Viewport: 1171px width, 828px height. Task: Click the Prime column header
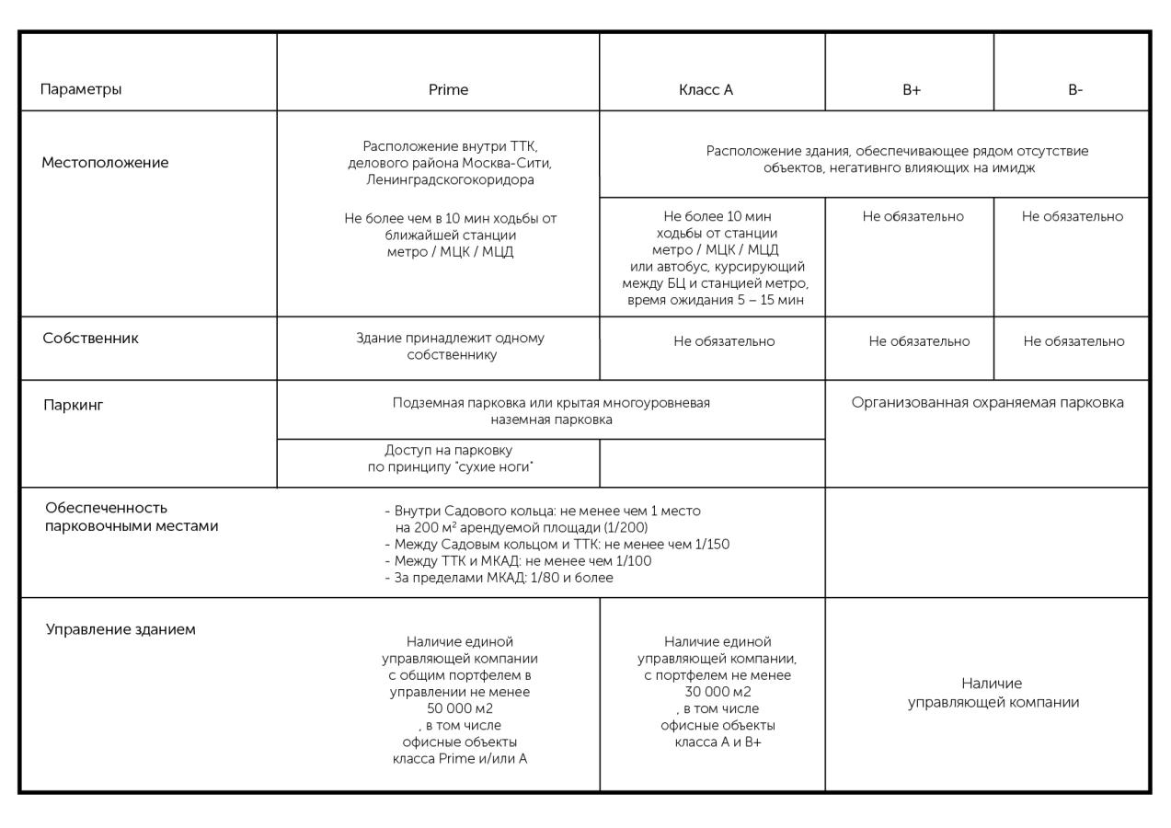[448, 90]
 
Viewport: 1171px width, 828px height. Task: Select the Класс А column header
[706, 90]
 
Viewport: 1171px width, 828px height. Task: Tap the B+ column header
[911, 90]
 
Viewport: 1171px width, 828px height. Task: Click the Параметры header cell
[81, 90]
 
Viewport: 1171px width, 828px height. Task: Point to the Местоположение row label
[105, 163]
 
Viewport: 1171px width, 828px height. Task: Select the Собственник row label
[91, 338]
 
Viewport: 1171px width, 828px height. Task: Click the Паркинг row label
[74, 404]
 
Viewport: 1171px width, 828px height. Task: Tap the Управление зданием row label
[121, 630]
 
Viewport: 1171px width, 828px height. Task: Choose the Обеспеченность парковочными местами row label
[132, 517]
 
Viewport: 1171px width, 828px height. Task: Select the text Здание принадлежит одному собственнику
[450, 346]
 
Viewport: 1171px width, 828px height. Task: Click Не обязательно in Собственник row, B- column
[1073, 341]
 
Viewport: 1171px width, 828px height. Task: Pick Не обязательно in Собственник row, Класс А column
[724, 341]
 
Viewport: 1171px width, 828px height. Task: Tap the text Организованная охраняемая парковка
[987, 402]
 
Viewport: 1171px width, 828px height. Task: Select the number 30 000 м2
[718, 692]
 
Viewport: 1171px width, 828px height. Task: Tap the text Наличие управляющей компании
[993, 693]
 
